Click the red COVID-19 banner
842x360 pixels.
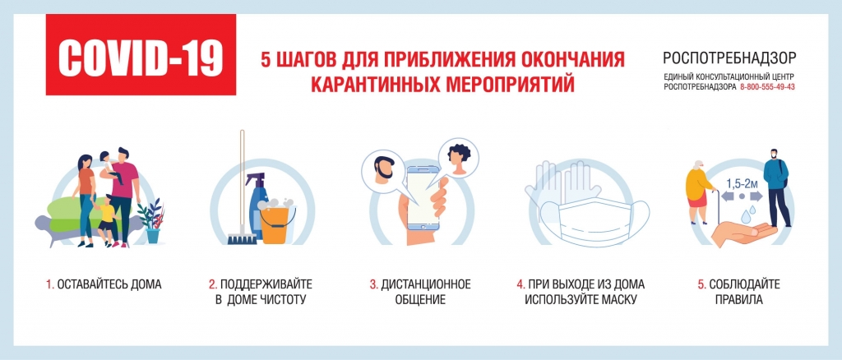coord(141,55)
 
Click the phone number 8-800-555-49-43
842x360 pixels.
coord(767,87)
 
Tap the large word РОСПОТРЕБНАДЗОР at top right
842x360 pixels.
coord(730,58)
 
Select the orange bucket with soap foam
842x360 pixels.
coord(277,222)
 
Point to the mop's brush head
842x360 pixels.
coord(239,238)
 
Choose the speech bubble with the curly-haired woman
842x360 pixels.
coord(458,159)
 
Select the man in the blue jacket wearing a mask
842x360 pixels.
coord(777,187)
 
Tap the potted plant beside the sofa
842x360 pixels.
coord(151,220)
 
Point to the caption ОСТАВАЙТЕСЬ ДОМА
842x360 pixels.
coord(109,284)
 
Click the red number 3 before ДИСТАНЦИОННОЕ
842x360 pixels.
coord(373,284)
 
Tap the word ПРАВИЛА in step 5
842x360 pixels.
coord(738,300)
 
